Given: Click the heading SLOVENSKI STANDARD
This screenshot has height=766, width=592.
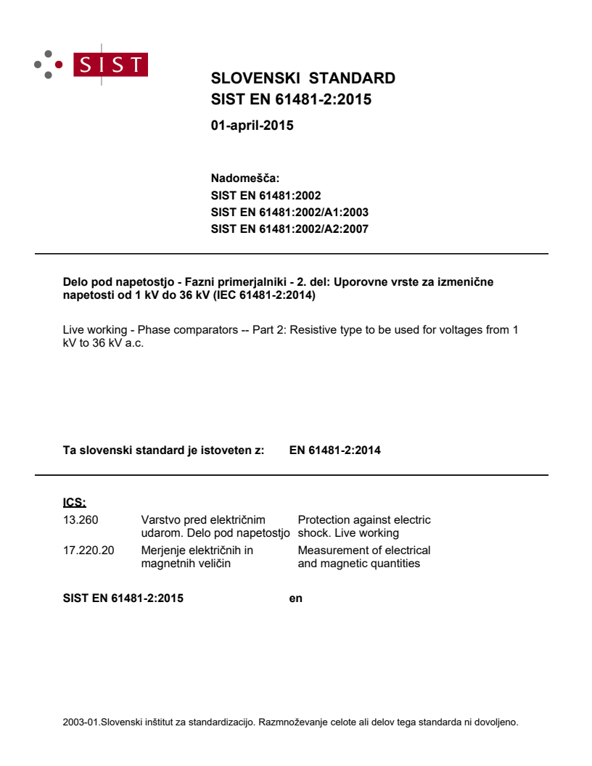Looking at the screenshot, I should click(303, 78).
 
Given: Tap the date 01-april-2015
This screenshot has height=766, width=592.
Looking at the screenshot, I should click(252, 125).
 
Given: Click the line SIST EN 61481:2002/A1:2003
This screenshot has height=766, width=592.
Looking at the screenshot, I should click(289, 213).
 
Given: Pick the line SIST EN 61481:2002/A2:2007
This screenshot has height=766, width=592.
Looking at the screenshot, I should click(289, 229).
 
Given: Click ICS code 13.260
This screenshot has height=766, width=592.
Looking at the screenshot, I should click(81, 520).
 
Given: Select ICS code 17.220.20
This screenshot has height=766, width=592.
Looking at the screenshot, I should click(89, 550).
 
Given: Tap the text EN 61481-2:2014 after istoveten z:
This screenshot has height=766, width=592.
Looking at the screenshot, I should click(334, 450).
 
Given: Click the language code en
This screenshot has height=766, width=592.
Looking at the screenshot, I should click(295, 598).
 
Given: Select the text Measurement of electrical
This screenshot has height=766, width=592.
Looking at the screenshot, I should click(363, 550).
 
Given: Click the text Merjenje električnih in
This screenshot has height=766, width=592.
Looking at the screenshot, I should click(197, 550).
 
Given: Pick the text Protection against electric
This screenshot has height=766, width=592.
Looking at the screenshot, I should click(363, 520).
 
